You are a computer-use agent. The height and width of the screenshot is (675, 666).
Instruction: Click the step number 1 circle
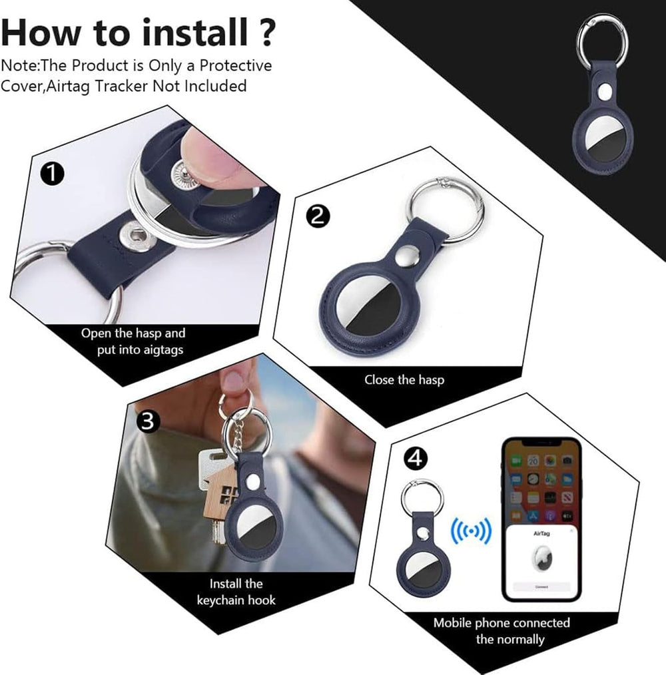tap(53, 174)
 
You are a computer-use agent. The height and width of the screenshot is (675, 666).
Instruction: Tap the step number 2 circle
tap(318, 215)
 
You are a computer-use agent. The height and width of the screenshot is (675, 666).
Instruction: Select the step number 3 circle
tap(149, 421)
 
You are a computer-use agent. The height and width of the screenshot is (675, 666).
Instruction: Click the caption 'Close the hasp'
tap(404, 380)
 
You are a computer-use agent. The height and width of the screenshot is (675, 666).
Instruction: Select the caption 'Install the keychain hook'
tap(236, 592)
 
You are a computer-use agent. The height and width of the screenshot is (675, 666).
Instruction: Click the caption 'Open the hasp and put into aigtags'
tap(133, 341)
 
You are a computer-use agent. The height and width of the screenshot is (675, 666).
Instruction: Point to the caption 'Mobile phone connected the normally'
tap(501, 631)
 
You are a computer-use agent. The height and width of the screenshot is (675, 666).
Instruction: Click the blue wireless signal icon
tap(471, 530)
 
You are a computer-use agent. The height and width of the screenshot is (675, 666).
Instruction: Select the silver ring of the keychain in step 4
tap(422, 495)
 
